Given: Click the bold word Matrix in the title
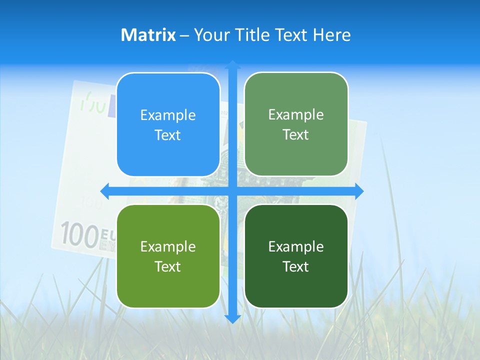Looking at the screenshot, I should pos(148,35).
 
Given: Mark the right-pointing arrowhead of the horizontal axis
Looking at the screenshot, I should pos(358,191).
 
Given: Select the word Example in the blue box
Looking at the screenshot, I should pos(168,115).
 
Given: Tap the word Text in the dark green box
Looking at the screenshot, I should pos(296,266).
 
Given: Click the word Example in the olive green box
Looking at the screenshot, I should pos(168,246).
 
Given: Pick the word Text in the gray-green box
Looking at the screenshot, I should pos(296,135).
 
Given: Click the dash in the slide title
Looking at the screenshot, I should pos(184,35).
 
